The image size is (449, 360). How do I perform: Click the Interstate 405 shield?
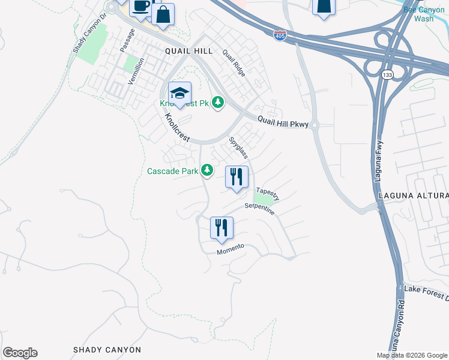click(280, 35)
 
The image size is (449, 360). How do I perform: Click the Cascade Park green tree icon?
click(207, 171)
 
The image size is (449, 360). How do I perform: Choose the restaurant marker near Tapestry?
click(236, 178)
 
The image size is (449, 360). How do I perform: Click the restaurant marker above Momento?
click(221, 228)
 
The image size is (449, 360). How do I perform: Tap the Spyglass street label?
click(239, 148)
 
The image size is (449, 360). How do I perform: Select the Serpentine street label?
click(259, 209)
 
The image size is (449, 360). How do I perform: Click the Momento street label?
click(231, 250)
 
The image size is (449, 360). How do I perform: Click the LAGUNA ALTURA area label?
click(414, 196)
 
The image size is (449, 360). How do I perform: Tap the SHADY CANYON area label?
click(107, 350)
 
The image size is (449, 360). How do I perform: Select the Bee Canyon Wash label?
click(424, 14)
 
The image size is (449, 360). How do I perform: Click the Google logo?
click(20, 353)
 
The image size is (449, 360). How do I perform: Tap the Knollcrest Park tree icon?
click(218, 103)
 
